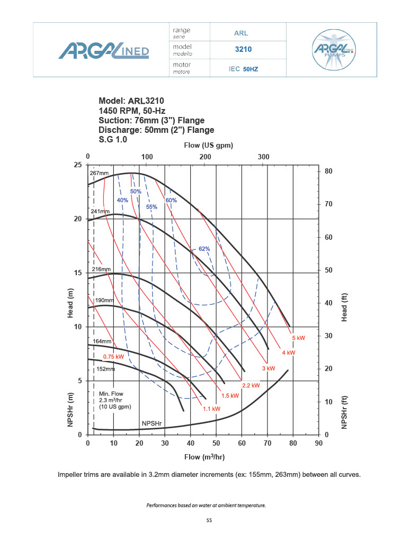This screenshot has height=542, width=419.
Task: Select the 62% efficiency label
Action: [x=204, y=249]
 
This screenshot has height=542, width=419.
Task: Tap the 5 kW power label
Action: [x=299, y=337]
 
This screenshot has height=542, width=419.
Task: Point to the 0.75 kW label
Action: [x=113, y=356]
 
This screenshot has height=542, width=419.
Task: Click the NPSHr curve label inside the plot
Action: [x=151, y=423]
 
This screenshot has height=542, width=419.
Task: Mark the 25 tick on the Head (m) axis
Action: [x=77, y=165]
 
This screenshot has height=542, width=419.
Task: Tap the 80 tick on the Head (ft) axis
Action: [x=328, y=171]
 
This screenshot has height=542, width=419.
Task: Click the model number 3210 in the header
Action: [x=243, y=50]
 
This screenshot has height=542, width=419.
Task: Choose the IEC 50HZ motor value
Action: [x=243, y=69]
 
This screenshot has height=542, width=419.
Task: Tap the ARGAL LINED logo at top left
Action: [x=103, y=51]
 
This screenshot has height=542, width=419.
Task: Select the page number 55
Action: [x=209, y=521]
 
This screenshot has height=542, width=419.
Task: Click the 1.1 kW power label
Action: [x=211, y=409]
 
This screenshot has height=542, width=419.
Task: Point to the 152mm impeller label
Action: [x=106, y=369]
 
